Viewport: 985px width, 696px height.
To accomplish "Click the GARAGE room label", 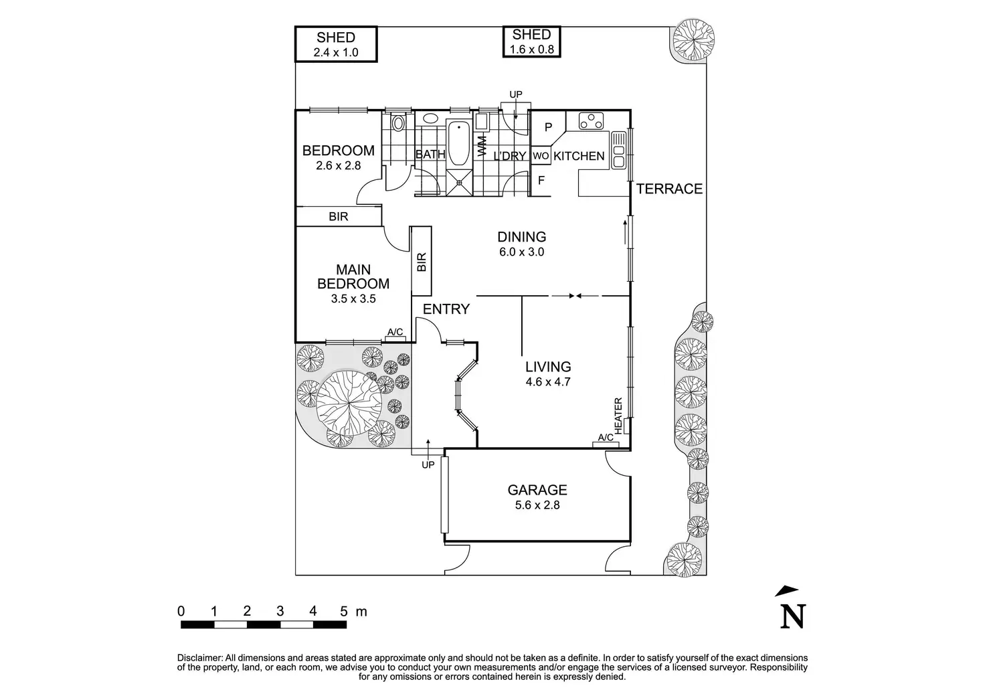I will (537, 490).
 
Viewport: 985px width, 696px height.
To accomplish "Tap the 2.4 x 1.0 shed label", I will (335, 51).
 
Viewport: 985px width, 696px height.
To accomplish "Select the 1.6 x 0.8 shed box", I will (531, 41).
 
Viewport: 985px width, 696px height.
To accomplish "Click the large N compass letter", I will (793, 616).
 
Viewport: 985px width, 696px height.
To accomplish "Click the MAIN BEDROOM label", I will (353, 276).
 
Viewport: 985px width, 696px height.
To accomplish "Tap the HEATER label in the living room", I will (618, 415).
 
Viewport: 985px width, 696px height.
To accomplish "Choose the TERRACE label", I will (669, 189).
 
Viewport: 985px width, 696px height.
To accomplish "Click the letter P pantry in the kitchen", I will (547, 127).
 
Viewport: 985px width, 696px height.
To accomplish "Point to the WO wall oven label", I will (541, 156).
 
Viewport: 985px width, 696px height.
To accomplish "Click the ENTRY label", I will (446, 309).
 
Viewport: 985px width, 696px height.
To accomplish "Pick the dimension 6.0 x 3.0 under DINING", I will (521, 252).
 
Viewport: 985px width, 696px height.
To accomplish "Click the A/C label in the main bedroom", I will (395, 333).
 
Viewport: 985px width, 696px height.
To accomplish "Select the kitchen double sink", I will (619, 149).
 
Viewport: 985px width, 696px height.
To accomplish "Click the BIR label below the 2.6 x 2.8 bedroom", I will (339, 217).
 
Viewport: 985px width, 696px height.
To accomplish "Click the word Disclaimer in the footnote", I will (199, 658).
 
